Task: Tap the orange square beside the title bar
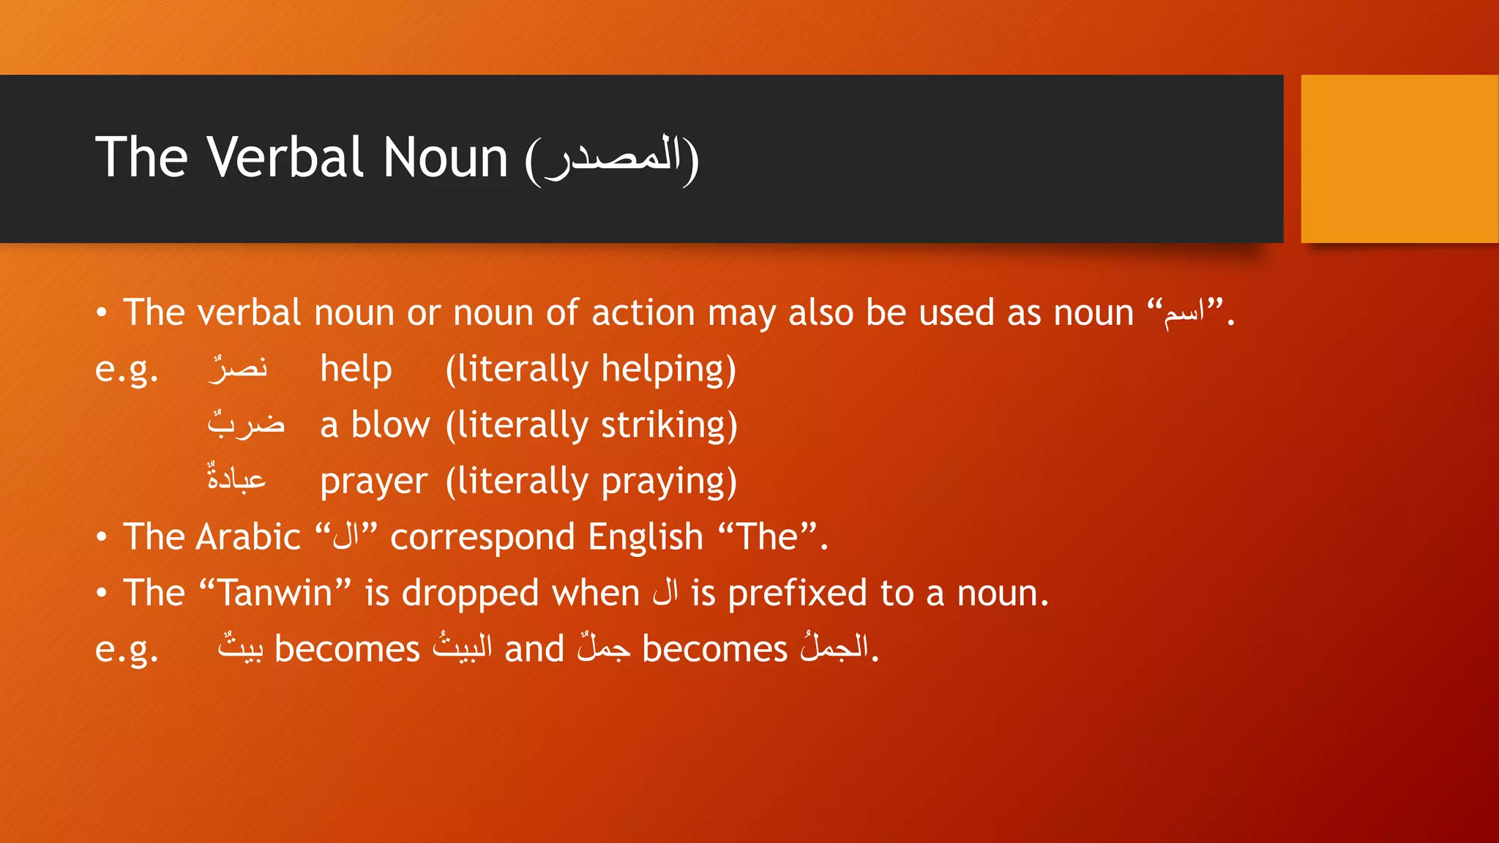point(1399,159)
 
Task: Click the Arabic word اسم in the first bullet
point(1184,313)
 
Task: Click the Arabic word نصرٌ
point(238,368)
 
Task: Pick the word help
point(356,369)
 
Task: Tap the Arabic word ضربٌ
point(246,424)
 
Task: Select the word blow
point(390,425)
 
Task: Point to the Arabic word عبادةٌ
point(236,479)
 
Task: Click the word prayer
point(373,482)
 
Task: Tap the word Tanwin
point(275,593)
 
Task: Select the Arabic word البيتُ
point(463,648)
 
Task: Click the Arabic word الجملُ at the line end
point(835,648)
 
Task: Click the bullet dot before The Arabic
point(102,538)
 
